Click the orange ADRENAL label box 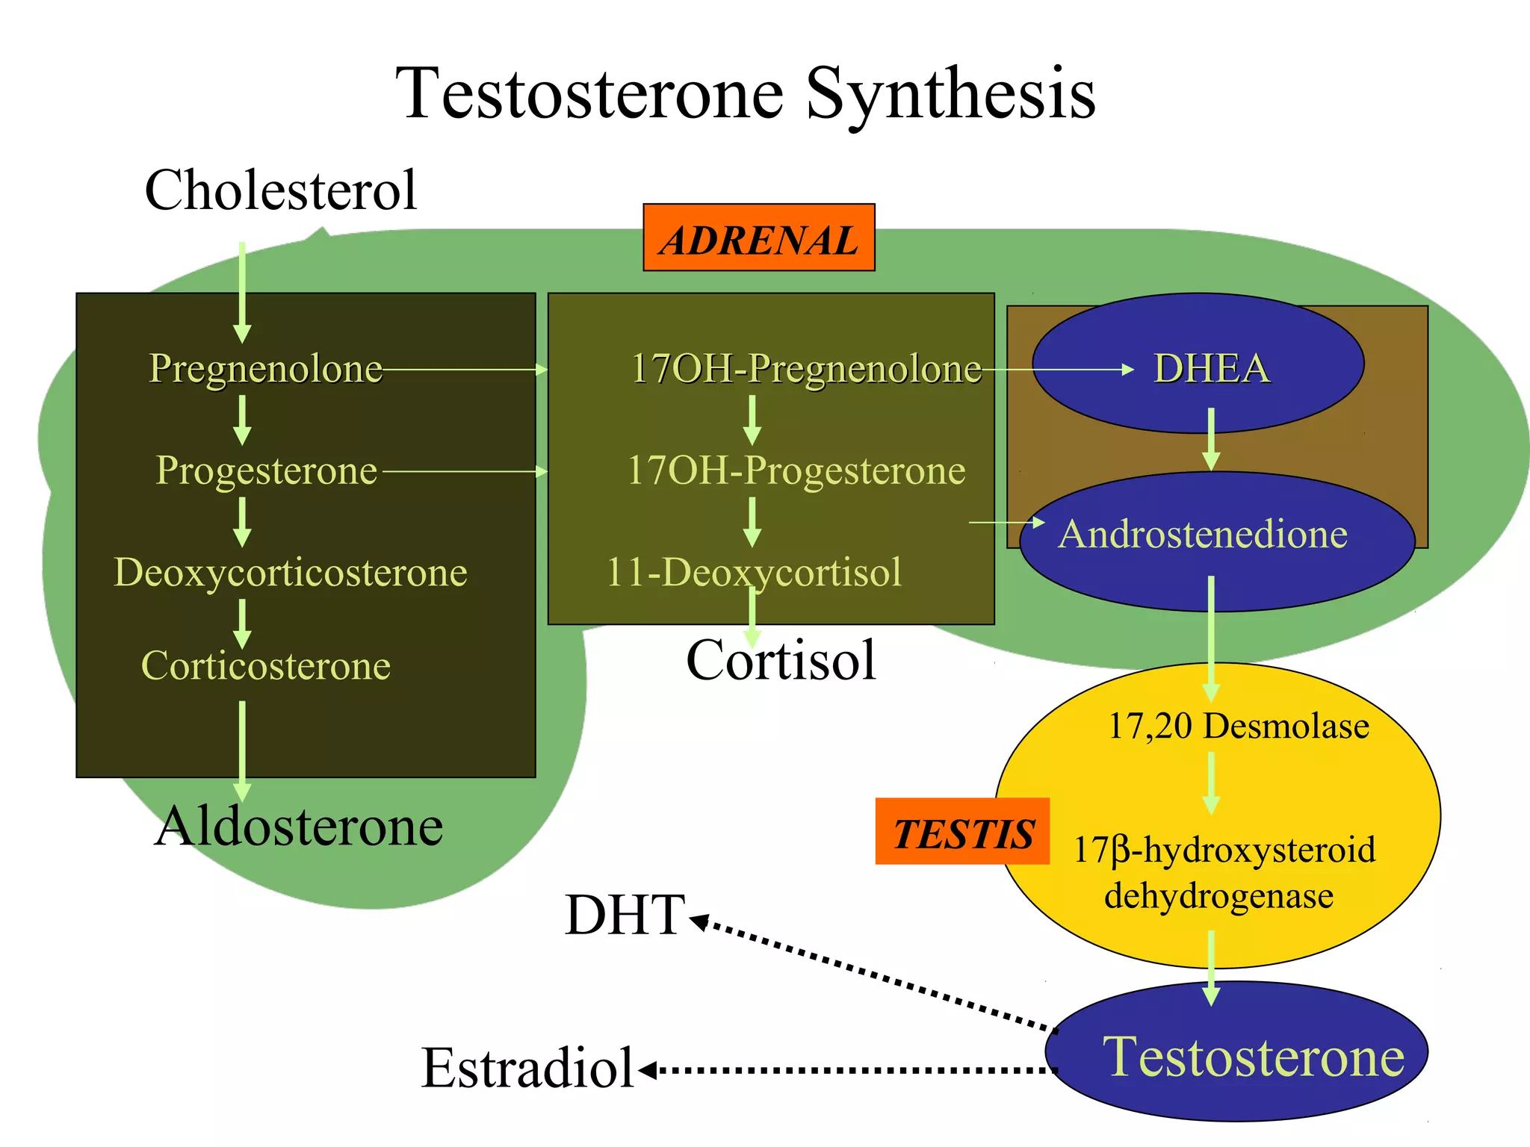(x=758, y=237)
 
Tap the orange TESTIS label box (x=962, y=831)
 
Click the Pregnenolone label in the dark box (x=265, y=368)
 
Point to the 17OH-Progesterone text (x=796, y=470)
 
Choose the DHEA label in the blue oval (x=1211, y=368)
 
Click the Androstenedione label (x=1203, y=534)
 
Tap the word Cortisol (x=781, y=660)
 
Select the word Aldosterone (x=298, y=826)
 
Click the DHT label (x=624, y=915)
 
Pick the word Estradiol (x=527, y=1067)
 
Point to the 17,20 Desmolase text (x=1238, y=726)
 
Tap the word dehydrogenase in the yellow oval (x=1218, y=895)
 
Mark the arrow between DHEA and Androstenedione (x=1211, y=439)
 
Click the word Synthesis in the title (x=950, y=93)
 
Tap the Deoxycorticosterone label (x=290, y=572)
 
